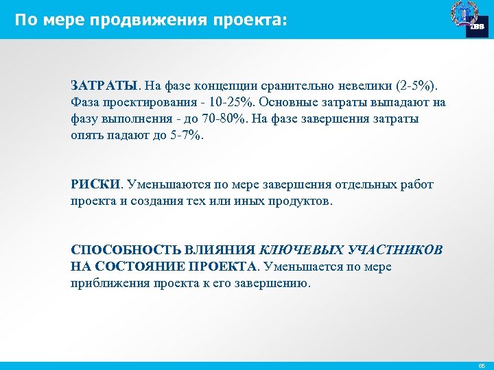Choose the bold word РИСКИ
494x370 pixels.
click(95, 185)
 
